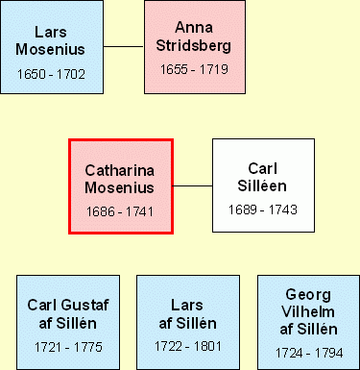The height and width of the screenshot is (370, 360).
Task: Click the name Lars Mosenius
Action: (51, 40)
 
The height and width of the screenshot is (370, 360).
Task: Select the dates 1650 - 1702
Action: (51, 74)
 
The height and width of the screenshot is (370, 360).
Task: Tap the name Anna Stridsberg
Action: (194, 37)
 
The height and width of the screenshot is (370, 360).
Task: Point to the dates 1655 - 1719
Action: (194, 69)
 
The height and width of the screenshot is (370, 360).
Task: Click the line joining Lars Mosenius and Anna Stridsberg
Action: (124, 46)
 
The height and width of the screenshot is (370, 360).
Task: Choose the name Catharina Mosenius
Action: (119, 179)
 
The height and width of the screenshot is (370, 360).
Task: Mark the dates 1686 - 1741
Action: (120, 211)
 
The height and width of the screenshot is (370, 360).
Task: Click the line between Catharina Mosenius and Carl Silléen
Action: (193, 185)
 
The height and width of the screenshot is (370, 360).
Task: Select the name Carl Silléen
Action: (262, 177)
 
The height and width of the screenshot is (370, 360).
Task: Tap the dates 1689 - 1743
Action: (263, 210)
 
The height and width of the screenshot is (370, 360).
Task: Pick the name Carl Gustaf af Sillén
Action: (68, 314)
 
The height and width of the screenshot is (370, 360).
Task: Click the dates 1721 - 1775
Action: (68, 347)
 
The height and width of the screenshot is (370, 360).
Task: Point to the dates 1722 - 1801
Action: (188, 346)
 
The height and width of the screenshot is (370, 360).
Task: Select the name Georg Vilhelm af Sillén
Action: (308, 311)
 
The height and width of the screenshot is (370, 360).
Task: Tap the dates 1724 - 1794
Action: (309, 353)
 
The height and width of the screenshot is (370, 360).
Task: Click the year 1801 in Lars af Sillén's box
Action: (207, 346)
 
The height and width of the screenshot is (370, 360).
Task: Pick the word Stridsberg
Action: (194, 45)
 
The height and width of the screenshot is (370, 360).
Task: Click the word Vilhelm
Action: (308, 311)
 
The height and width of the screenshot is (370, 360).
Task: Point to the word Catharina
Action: (119, 170)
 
